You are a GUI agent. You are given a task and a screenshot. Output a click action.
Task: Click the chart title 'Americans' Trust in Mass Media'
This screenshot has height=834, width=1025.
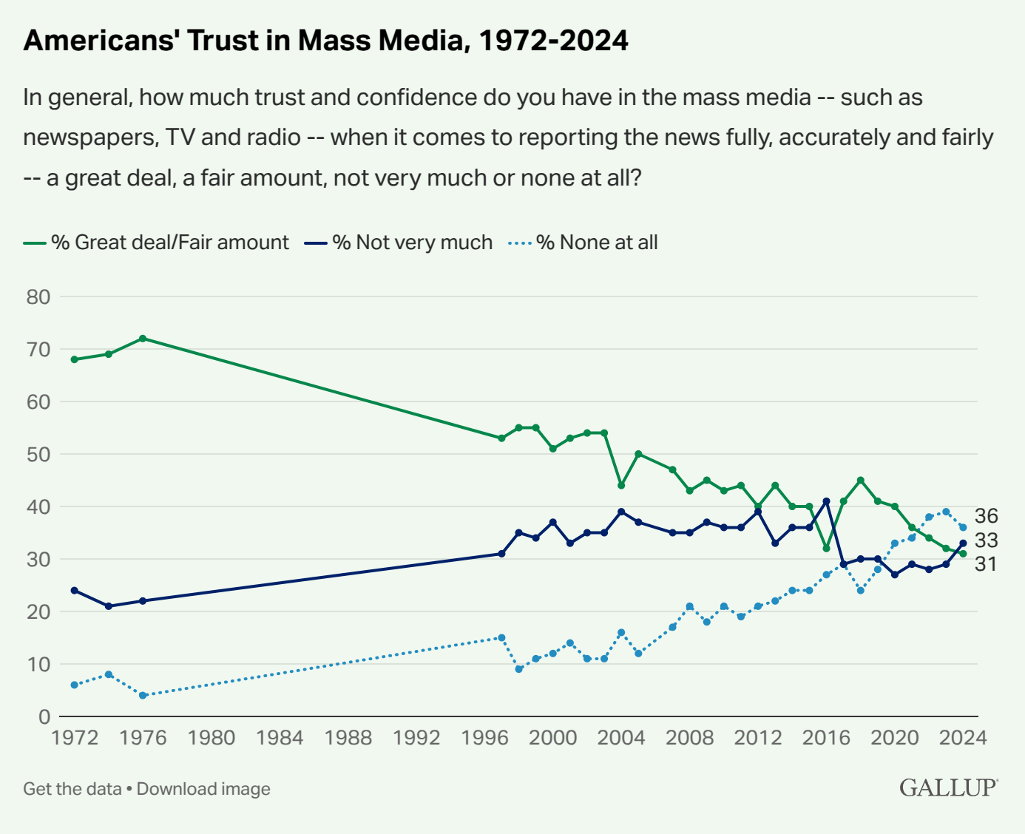pyautogui.click(x=325, y=41)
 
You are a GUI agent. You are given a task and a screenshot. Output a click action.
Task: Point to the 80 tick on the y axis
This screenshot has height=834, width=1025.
pyautogui.click(x=38, y=297)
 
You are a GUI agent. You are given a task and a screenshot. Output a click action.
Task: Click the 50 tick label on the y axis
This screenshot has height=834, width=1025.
pyautogui.click(x=38, y=455)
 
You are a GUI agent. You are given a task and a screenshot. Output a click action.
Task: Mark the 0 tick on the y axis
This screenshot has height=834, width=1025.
pyautogui.click(x=44, y=716)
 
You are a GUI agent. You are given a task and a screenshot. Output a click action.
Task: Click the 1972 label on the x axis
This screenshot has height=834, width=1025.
pyautogui.click(x=75, y=738)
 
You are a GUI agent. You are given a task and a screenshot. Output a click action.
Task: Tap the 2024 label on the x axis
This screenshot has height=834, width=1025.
pyautogui.click(x=963, y=738)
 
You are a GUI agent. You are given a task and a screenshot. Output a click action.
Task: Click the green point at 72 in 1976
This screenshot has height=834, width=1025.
pyautogui.click(x=143, y=339)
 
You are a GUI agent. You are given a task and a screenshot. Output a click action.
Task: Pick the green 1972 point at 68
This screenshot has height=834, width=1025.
pyautogui.click(x=75, y=359)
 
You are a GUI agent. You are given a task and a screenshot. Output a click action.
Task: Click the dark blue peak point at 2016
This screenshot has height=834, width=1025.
pyautogui.click(x=826, y=501)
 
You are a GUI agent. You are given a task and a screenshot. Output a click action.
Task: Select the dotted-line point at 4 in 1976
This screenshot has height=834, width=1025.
pyautogui.click(x=143, y=696)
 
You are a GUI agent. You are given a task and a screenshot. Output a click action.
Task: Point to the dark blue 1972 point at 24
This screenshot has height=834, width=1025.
pyautogui.click(x=75, y=591)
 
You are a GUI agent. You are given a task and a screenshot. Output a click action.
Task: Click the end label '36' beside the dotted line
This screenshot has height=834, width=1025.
pyautogui.click(x=986, y=516)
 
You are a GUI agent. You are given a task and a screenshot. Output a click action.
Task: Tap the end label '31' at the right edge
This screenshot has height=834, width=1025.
pyautogui.click(x=986, y=564)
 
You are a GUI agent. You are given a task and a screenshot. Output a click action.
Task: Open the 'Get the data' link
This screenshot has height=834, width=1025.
pyautogui.click(x=72, y=789)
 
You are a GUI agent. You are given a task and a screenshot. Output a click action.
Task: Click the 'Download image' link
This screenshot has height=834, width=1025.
pyautogui.click(x=203, y=789)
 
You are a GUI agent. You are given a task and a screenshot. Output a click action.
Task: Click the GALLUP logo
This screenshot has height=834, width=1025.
pyautogui.click(x=948, y=788)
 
